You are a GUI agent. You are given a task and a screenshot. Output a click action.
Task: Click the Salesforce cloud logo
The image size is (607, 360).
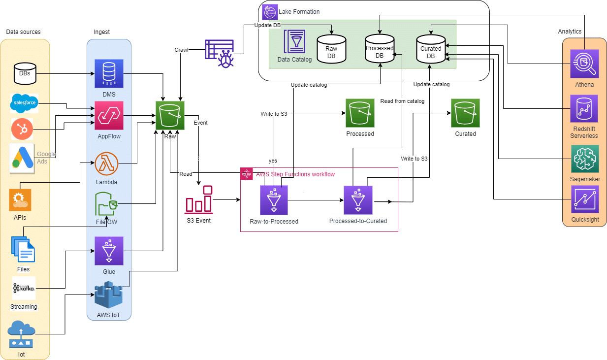[x=24, y=103]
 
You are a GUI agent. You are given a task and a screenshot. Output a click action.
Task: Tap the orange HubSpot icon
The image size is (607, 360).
[x=22, y=129]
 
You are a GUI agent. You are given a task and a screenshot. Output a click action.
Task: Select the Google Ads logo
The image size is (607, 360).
[x=22, y=158]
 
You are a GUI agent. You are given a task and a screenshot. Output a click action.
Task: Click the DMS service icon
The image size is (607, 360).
[x=109, y=73]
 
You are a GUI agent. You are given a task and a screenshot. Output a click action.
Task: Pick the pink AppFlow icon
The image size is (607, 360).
[x=109, y=115]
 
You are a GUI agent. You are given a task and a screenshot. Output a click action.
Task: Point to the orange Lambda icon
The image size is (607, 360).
[x=106, y=164]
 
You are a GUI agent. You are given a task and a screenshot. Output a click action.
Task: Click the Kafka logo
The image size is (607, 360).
[x=24, y=288]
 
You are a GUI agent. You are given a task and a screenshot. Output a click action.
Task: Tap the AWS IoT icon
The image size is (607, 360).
[x=108, y=295]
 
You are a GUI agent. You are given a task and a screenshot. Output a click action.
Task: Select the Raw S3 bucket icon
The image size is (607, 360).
[x=170, y=115]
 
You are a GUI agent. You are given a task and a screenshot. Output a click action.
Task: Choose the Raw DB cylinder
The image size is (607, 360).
[x=331, y=49]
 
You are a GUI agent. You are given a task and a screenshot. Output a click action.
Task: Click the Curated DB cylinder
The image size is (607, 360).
[x=431, y=49]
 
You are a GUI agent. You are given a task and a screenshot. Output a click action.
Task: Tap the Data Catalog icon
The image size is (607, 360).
[x=294, y=41]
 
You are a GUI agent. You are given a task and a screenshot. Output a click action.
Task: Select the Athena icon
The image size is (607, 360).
[x=584, y=64]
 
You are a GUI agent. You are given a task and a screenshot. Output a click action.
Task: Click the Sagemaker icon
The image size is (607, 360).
[x=585, y=159]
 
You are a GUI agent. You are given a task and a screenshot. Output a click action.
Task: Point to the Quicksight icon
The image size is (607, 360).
[x=585, y=199]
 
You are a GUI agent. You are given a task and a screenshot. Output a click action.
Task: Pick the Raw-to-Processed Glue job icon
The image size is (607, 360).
[x=274, y=200]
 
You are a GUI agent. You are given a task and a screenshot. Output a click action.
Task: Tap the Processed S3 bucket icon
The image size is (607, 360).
[x=360, y=113]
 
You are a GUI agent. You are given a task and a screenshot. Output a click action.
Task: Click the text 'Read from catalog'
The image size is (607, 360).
[x=402, y=101]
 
